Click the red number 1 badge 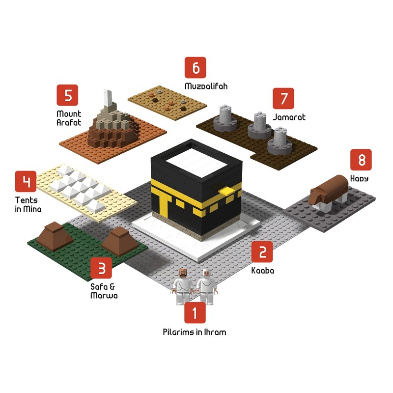click(195, 313)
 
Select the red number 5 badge click(68, 95)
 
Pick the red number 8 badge click(361, 160)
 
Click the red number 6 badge click(196, 68)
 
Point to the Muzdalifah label click(206, 86)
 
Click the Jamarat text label click(289, 117)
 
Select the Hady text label click(359, 178)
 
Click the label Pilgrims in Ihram click(195, 332)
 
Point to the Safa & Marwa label click(104, 291)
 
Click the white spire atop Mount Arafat click(107, 98)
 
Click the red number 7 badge click(283, 98)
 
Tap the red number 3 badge click(102, 268)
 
